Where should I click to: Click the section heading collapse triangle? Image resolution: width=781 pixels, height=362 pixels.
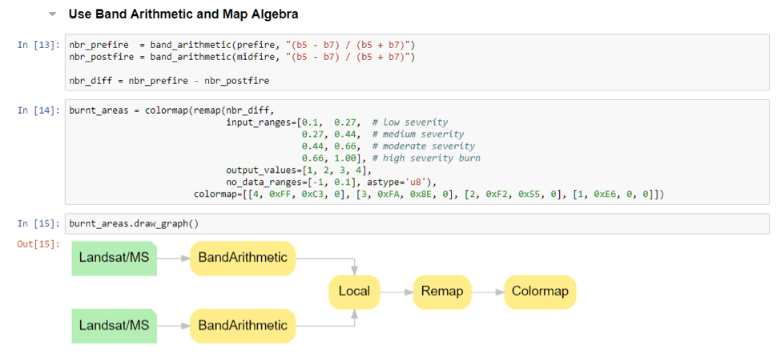pos(53,14)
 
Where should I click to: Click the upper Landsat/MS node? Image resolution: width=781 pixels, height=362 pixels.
pos(115,258)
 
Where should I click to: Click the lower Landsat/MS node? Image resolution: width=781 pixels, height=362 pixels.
pos(115,325)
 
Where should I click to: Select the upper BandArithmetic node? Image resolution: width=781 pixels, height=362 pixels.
pos(243,258)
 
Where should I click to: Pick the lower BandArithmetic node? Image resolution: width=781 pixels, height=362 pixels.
pos(243,325)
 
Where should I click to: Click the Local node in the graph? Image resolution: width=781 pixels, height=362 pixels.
pos(354,292)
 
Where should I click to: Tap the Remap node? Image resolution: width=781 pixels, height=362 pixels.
pos(442,292)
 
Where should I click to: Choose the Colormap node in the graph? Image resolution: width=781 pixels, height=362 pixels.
pos(540,292)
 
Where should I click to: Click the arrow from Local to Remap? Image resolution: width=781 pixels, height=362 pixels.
pos(397,292)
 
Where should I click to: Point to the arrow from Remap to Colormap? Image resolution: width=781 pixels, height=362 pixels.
pos(488,292)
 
